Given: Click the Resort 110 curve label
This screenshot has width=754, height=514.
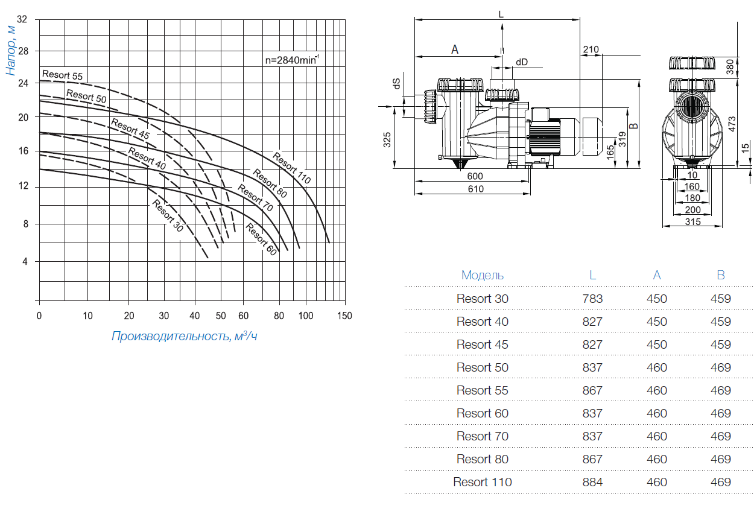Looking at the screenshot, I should (291, 168).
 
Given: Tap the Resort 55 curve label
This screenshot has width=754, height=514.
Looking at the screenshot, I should (62, 75).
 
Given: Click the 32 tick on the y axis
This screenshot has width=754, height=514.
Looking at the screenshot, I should (22, 19).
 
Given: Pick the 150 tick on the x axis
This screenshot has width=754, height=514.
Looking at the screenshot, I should (344, 316).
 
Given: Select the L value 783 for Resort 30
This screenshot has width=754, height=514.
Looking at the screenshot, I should (592, 299).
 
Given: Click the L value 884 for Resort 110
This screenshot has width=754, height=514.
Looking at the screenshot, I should (592, 482).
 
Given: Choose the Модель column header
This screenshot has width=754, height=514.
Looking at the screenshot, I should (483, 275).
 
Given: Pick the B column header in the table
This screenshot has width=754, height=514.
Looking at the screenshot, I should (720, 275).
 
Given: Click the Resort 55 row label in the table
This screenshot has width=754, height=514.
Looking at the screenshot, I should (483, 390).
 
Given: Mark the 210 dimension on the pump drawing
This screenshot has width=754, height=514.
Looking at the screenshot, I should (591, 49).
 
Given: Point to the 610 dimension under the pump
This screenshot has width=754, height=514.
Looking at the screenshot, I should (475, 189).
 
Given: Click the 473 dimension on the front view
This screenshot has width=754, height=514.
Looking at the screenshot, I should (731, 124).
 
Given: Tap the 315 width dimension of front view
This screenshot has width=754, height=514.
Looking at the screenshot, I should (692, 222).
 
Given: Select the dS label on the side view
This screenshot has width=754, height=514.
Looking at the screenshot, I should (397, 85).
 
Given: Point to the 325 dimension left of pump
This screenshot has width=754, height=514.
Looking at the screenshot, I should (387, 139).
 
